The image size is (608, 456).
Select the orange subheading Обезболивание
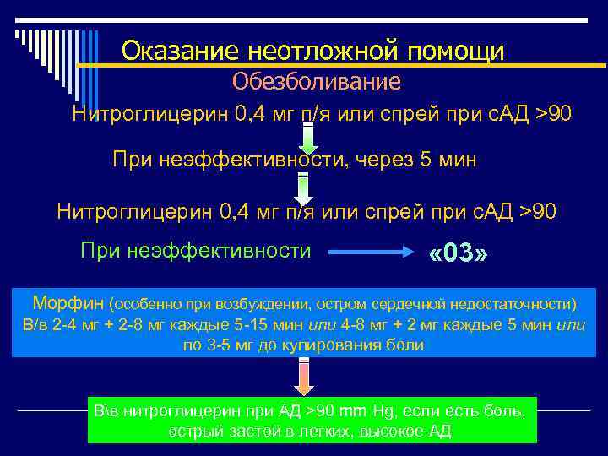[x=317, y=82]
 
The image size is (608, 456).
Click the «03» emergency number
[x=459, y=254]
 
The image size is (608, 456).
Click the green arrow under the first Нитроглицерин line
[x=309, y=138]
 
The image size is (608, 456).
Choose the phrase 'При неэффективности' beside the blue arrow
[x=195, y=251]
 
